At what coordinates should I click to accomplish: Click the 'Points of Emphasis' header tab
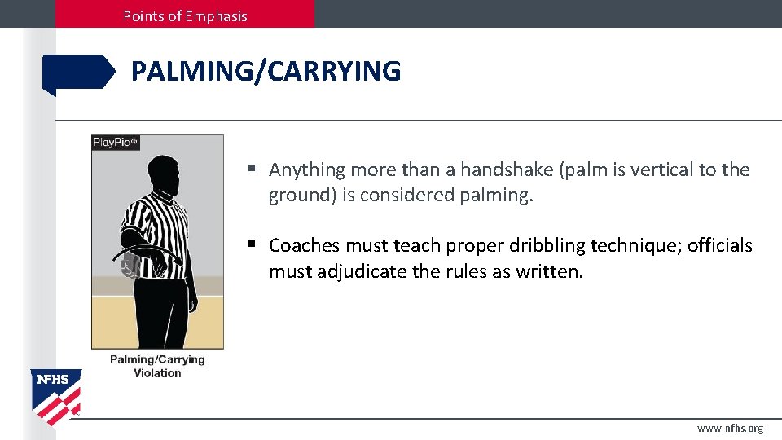click(x=185, y=15)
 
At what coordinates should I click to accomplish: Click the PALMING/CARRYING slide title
click(x=266, y=72)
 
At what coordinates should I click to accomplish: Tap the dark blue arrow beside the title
click(x=79, y=73)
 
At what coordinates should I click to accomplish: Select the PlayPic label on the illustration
click(x=116, y=142)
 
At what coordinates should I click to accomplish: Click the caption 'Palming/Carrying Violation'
click(x=157, y=366)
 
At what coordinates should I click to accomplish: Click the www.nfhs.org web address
click(x=730, y=428)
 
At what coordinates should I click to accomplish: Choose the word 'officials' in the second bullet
click(x=720, y=245)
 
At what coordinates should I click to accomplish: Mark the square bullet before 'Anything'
click(x=253, y=169)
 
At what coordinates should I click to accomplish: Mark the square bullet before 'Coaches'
click(x=253, y=244)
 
